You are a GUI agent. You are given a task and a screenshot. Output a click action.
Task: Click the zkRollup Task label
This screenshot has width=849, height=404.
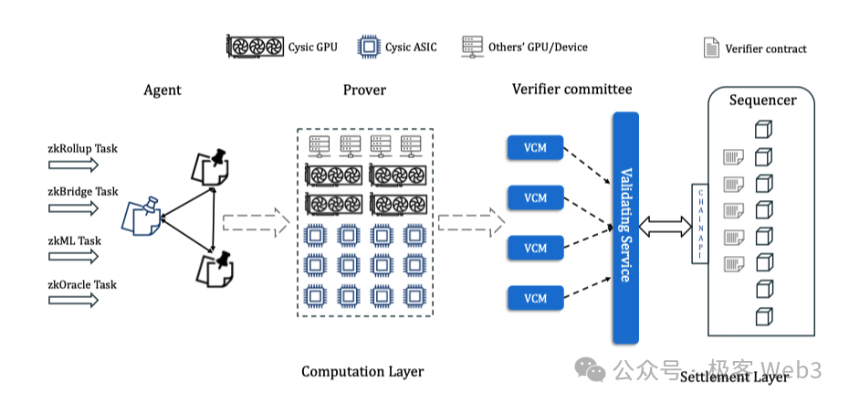point(82,147)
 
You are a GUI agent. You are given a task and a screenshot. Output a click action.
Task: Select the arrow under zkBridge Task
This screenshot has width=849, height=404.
point(73,207)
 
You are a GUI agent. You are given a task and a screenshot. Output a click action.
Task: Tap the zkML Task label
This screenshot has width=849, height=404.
point(75,240)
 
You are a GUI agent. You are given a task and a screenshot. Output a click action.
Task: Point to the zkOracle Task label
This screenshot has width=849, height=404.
point(82,284)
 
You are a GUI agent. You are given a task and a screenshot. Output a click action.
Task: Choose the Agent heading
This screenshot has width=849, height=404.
point(162,90)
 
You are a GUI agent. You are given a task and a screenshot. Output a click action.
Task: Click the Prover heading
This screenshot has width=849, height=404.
point(364,90)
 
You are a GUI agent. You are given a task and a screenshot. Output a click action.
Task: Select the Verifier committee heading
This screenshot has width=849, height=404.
point(571,89)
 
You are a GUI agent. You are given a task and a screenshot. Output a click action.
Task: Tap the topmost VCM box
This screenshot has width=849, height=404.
point(535,146)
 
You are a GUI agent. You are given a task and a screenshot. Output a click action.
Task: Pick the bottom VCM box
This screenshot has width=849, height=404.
point(535,298)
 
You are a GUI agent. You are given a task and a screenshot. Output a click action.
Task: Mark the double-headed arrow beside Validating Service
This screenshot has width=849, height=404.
point(666,223)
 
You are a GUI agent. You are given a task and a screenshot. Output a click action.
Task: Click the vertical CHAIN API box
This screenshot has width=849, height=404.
point(699,224)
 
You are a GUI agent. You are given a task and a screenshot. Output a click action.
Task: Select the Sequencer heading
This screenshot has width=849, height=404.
point(762,100)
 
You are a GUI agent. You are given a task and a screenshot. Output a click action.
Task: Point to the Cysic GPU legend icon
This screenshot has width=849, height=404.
point(256,47)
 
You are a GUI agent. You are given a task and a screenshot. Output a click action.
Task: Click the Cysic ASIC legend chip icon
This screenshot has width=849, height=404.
point(367,47)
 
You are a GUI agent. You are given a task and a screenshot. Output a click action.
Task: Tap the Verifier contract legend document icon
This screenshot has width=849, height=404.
point(710,48)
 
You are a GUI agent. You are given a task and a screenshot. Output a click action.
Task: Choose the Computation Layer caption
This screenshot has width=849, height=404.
point(362,371)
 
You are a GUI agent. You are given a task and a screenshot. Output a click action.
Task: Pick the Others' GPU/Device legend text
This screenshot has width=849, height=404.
point(538,47)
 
